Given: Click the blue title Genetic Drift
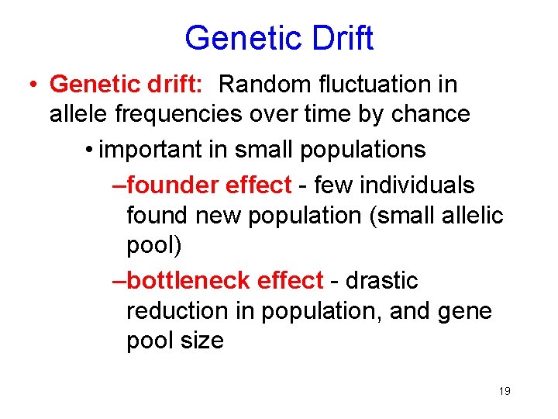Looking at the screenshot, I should coord(279,38).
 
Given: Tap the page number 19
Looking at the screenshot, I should coord(505,391).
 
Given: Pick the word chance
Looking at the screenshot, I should coord(432,114).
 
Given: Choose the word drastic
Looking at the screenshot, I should coord(381,280).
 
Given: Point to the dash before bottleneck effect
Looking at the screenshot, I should coord(119,280).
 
